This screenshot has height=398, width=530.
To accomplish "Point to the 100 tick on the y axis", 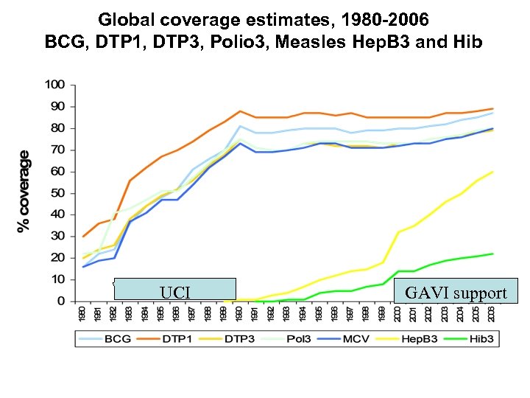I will coord(55,85).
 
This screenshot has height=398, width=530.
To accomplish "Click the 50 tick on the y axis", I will coord(58,193).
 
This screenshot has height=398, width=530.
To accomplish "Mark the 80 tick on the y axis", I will coord(58,128).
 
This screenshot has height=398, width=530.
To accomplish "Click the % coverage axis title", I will coord(24,192).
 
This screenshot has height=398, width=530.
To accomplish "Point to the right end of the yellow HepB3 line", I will coord(492,172).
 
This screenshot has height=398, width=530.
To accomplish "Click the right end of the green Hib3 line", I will coord(492,254).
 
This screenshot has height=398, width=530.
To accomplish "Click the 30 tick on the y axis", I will coord(58,237).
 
